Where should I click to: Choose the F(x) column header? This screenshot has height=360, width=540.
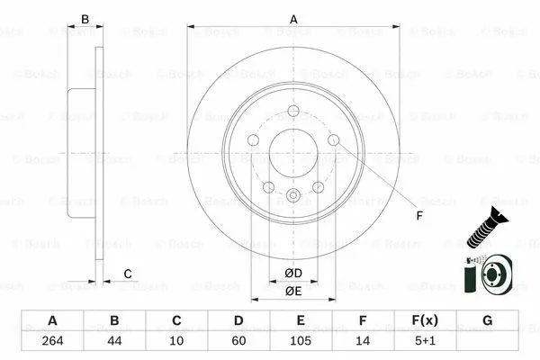point(425,320)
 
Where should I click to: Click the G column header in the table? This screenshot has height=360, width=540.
point(487,320)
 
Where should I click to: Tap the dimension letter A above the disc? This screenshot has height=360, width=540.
point(293,17)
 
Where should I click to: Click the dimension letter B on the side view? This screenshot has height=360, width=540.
point(85,18)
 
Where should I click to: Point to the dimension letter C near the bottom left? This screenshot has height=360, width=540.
point(128,274)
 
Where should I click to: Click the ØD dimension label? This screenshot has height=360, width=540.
point(293,274)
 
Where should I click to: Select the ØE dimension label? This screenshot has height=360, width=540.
point(293,291)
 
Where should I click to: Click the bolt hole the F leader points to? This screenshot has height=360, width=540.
point(333,140)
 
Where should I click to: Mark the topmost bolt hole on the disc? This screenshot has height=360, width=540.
point(293,112)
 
